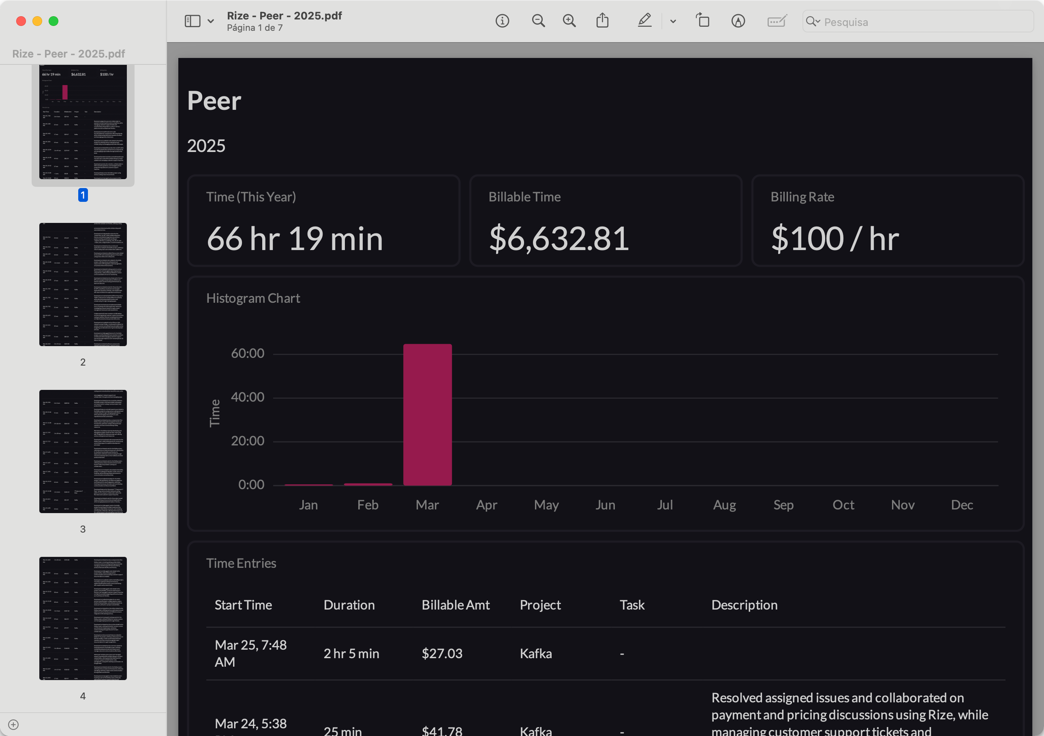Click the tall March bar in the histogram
(428, 414)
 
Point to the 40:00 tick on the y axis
(247, 397)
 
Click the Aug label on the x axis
(724, 505)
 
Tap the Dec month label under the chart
(962, 505)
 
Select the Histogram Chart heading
(253, 298)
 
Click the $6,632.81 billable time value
(559, 238)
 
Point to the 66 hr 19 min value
(295, 238)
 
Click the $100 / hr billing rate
(835, 238)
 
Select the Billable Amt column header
(455, 605)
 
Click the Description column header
(744, 605)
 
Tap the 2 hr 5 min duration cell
(351, 653)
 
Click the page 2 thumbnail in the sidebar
(83, 284)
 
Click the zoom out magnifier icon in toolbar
(538, 21)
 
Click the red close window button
(21, 21)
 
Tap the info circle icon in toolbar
(502, 21)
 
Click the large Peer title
(214, 101)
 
